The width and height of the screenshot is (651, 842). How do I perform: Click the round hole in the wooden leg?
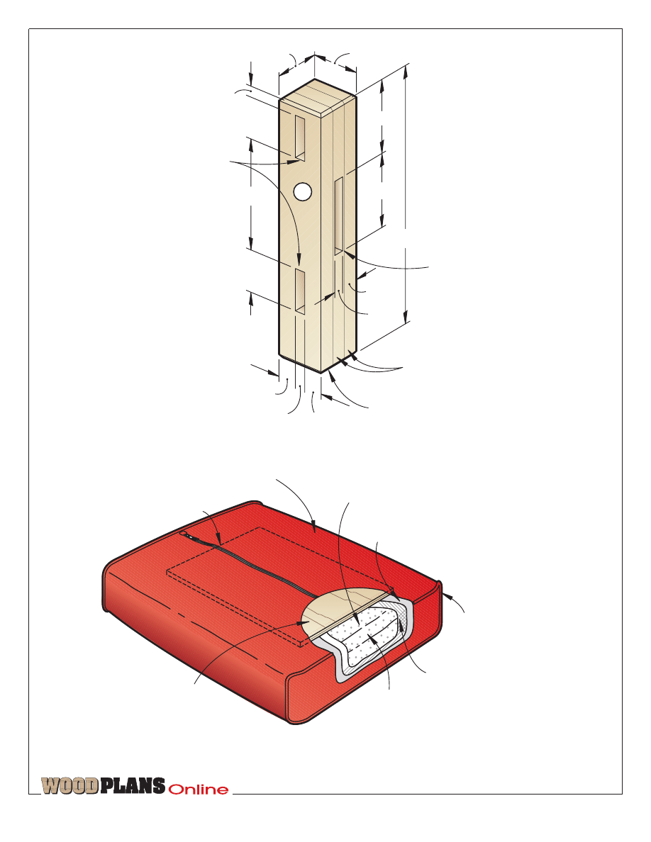pos(303,191)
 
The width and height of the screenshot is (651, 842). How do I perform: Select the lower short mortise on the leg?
pos(300,292)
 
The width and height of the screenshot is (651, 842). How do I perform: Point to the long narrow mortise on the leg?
pos(339,216)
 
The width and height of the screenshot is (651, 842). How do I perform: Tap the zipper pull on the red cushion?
pos(184,534)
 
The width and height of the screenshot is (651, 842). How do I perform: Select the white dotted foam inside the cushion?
pos(365,637)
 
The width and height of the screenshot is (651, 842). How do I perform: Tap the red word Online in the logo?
pos(198,790)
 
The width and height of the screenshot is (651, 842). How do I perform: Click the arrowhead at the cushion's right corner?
pos(446,595)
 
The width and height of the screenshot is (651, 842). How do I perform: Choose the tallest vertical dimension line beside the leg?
pos(406,193)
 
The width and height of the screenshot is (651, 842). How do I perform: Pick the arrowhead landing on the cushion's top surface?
pos(313,526)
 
